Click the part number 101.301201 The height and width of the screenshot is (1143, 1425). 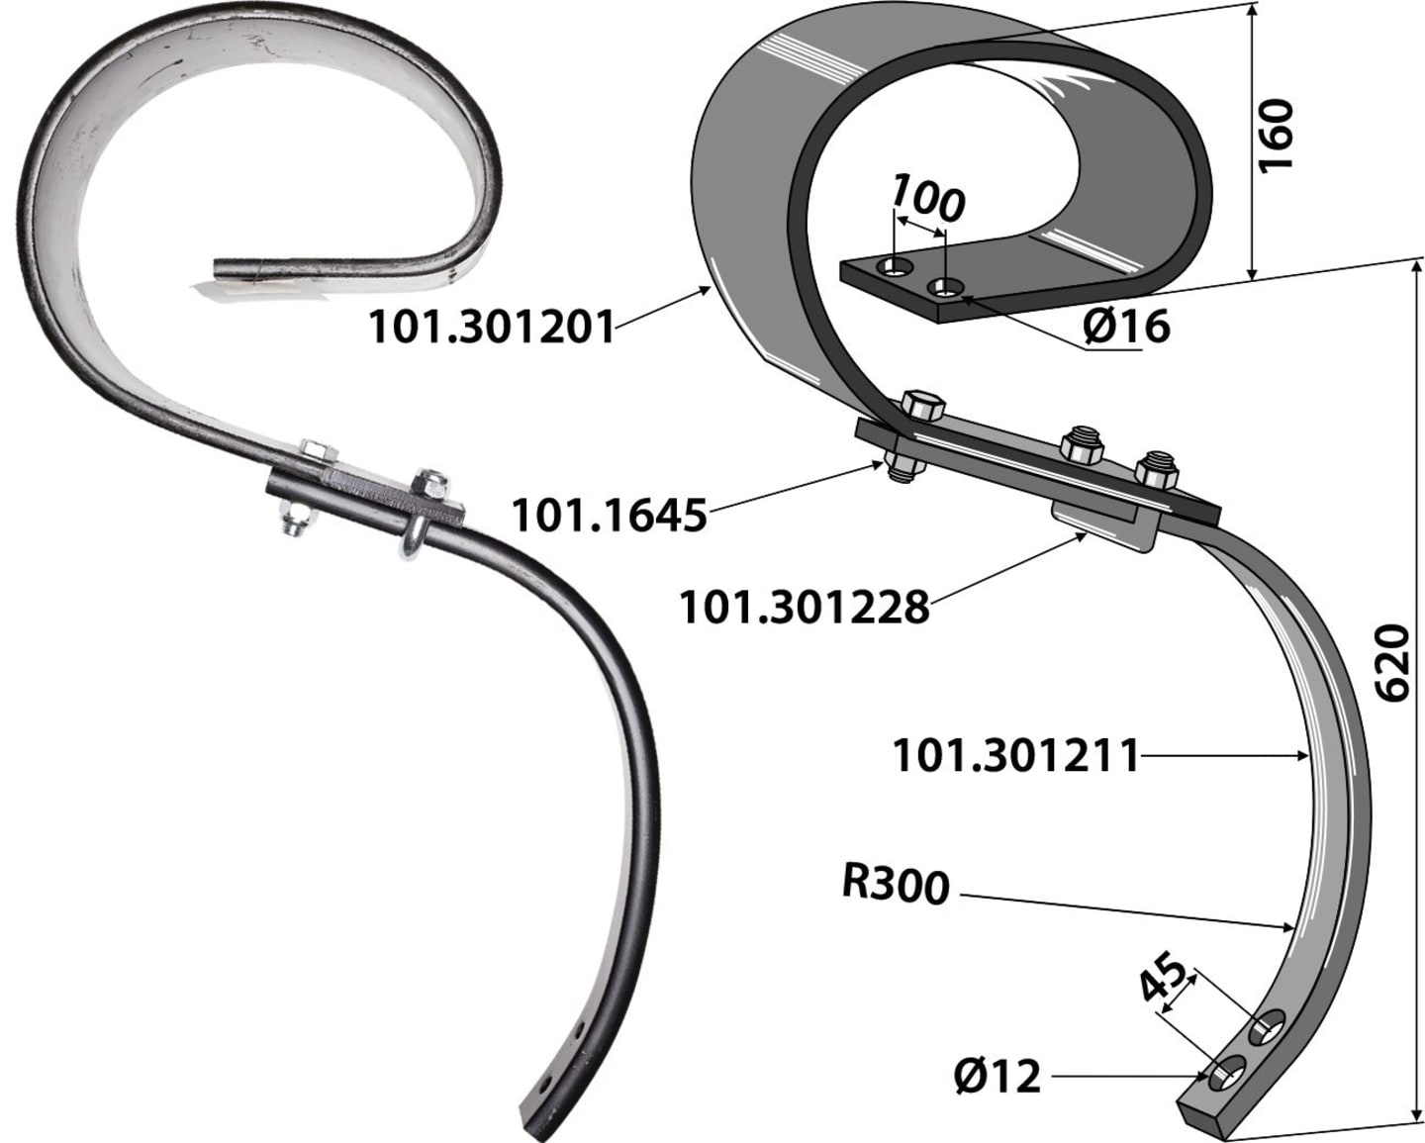click(492, 328)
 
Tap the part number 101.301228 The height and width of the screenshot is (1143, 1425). click(805, 608)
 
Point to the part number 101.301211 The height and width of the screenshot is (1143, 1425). click(1015, 756)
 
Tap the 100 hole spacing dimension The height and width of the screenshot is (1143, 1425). click(927, 197)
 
